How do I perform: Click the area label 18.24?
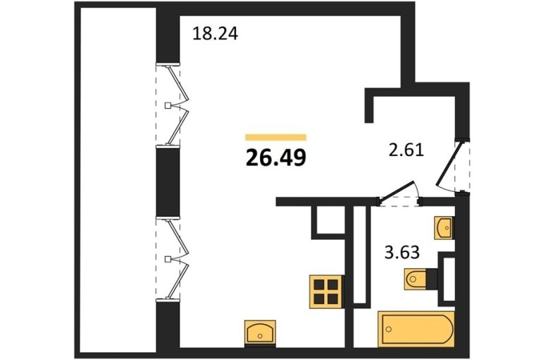[215, 34]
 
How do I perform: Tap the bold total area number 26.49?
[276, 157]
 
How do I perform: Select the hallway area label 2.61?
[406, 150]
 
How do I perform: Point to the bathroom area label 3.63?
[402, 252]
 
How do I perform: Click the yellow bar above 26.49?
[276, 137]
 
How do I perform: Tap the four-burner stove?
[326, 292]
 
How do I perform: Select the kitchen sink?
[260, 332]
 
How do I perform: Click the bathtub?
[416, 329]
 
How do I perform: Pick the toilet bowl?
[416, 279]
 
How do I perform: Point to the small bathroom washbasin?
[444, 227]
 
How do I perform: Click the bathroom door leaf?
[396, 190]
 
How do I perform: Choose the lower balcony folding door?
[177, 258]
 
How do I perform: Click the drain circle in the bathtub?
[389, 329]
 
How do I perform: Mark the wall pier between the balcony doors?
[168, 181]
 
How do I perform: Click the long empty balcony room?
[118, 180]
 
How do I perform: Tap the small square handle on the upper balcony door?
[168, 105]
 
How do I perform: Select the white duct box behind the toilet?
[449, 279]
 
